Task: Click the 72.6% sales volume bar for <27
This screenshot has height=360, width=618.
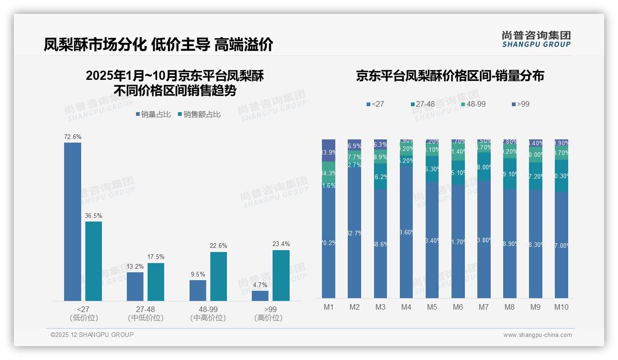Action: tap(72, 222)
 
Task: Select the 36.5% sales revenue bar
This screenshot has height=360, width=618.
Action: tap(94, 261)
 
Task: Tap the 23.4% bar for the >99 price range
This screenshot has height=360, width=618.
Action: tap(281, 276)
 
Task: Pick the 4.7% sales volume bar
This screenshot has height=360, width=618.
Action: tap(260, 296)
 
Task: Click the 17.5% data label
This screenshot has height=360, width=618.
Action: tap(156, 257)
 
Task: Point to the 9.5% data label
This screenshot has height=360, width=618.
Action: tap(197, 274)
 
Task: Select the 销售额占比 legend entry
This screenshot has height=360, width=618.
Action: tap(199, 114)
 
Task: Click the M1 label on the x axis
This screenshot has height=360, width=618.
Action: tap(328, 307)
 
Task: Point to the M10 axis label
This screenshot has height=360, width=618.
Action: tap(561, 307)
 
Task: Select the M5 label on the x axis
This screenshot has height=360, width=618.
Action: tap(432, 307)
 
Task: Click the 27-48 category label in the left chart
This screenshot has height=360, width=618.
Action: tap(145, 309)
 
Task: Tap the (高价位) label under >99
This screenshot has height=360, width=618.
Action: tap(268, 318)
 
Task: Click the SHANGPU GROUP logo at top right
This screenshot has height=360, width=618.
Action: tap(536, 39)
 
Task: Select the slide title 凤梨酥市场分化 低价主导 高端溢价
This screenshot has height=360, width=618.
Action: tap(158, 44)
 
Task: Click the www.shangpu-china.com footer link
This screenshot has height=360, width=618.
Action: tap(537, 335)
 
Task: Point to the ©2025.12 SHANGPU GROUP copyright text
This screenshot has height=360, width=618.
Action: tap(92, 335)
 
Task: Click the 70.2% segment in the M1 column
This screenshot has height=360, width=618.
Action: tap(328, 243)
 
